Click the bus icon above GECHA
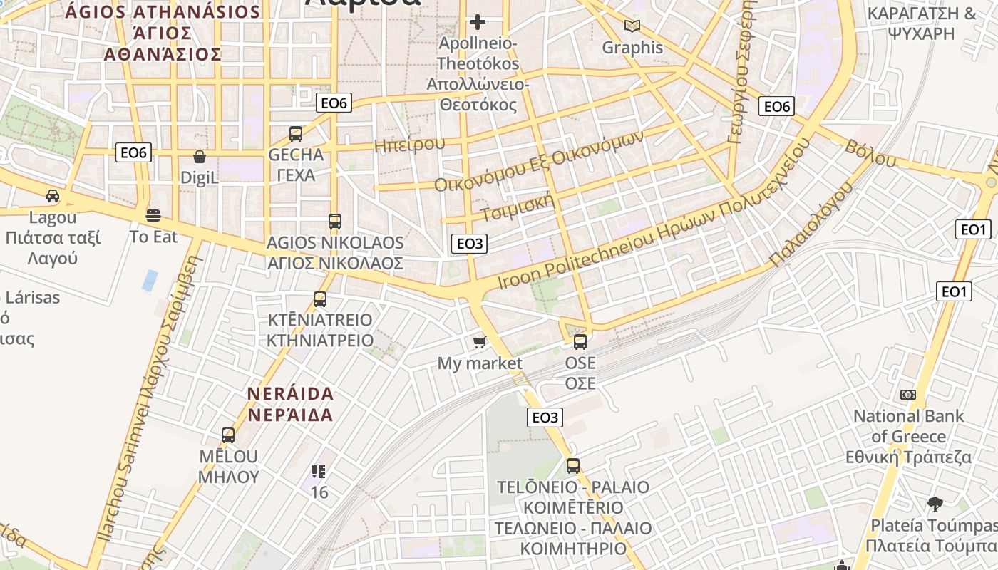(296, 133)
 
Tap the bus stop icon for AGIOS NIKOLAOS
(335, 222)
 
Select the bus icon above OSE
(580, 342)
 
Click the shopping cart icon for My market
(480, 343)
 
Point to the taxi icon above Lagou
(53, 195)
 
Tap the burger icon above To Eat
(153, 214)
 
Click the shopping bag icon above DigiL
(200, 156)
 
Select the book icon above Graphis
(632, 26)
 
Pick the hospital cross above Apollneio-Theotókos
(478, 22)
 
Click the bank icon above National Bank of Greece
(907, 394)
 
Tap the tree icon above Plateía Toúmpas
(935, 504)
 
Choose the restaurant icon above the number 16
(319, 471)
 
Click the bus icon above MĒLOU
(228, 435)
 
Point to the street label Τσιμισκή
(518, 206)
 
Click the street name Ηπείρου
(410, 145)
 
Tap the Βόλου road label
(870, 153)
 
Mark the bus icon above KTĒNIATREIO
(320, 299)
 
